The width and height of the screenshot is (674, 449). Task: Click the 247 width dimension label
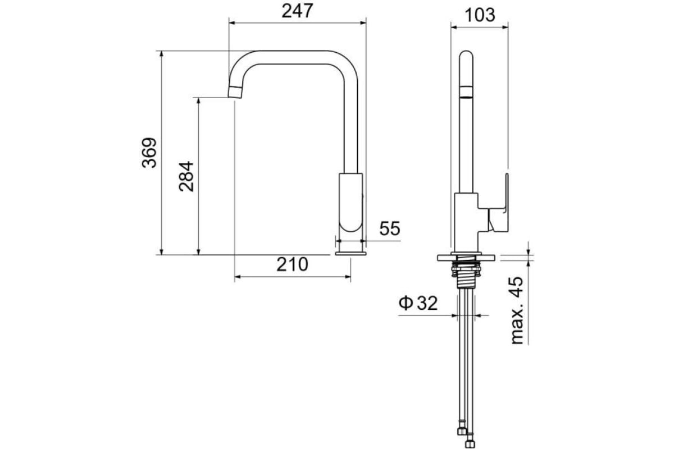click(297, 11)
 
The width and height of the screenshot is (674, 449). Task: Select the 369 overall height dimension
click(149, 153)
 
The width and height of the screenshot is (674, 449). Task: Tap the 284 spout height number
click(186, 177)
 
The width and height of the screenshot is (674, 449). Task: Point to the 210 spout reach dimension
click(292, 264)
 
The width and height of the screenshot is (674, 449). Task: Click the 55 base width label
click(390, 228)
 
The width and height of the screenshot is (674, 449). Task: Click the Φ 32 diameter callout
click(418, 303)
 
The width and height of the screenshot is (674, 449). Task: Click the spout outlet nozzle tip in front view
click(235, 92)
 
